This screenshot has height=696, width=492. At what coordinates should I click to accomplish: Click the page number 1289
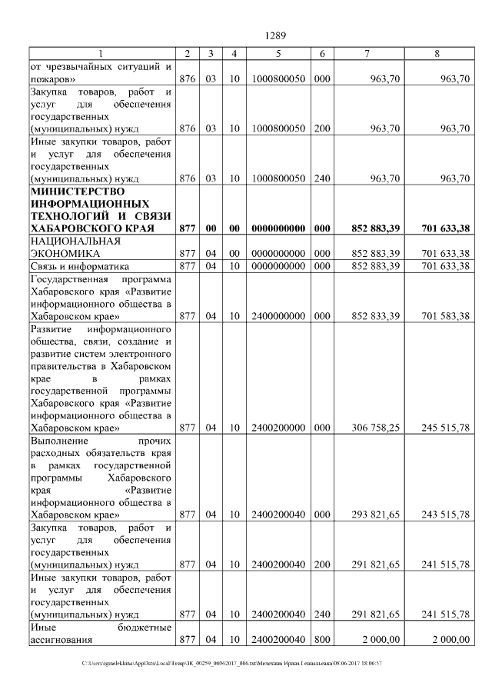(x=275, y=35)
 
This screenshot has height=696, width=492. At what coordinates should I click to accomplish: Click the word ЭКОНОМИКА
(x=65, y=252)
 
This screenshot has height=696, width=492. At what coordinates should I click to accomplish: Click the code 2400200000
(x=278, y=428)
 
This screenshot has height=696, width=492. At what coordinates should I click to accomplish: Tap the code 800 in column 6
(x=322, y=639)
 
